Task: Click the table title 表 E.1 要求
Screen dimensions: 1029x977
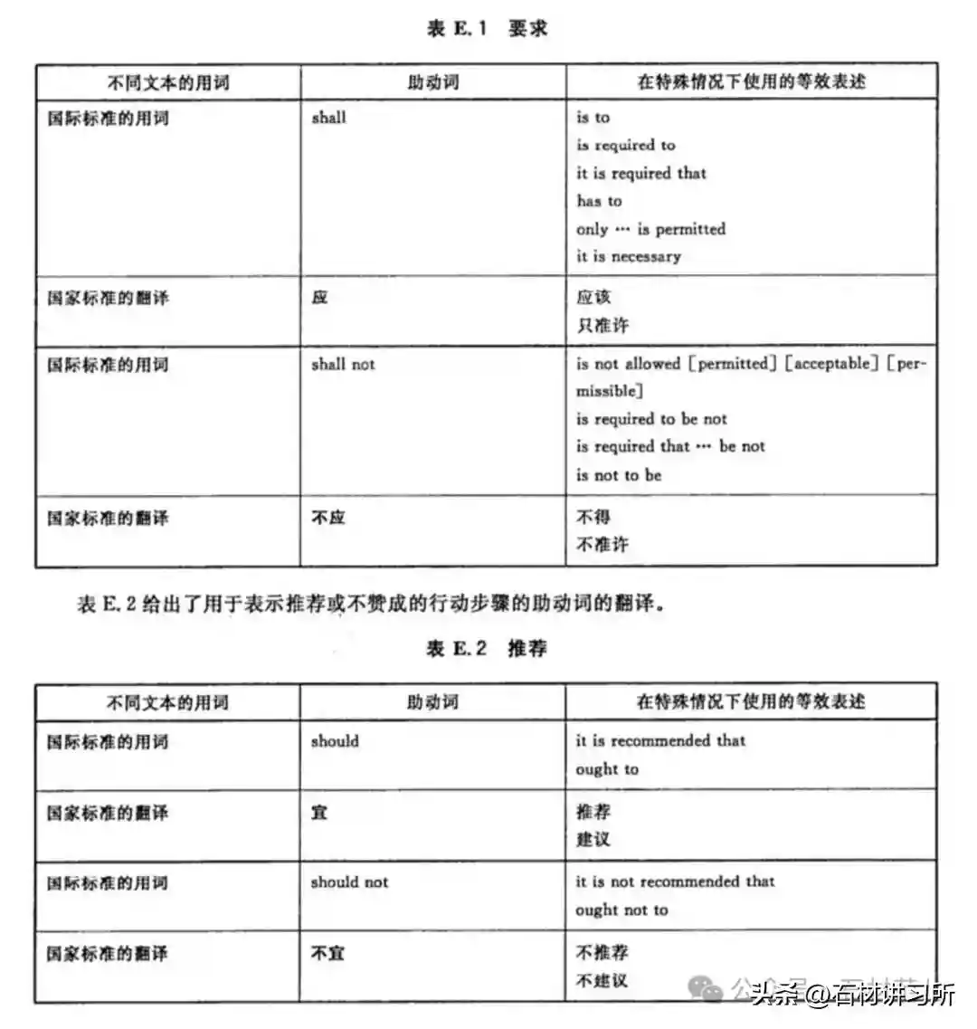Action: pos(487,28)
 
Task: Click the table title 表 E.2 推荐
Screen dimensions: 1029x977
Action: pos(487,648)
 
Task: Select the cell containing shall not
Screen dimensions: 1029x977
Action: pos(343,364)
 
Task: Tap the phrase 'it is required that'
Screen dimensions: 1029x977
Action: pos(641,173)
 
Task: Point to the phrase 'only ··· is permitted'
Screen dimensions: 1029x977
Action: pos(650,229)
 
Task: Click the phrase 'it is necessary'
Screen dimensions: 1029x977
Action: pos(629,256)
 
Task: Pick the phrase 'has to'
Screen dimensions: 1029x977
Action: pos(599,201)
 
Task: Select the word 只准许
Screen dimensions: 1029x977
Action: pos(602,324)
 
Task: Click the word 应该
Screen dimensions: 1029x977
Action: pos(593,297)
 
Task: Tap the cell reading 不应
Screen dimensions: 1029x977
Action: pos(327,518)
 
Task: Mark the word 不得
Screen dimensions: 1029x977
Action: pos(593,517)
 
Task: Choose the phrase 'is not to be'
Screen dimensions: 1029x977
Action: pos(619,475)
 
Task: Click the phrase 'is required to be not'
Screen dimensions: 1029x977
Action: pos(651,419)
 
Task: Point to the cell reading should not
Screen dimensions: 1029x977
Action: pos(349,881)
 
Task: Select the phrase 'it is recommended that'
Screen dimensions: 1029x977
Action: pos(660,740)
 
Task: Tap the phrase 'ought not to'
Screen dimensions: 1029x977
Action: pos(621,910)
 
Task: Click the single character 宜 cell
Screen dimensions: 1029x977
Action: pos(319,813)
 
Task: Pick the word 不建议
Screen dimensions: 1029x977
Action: pos(602,980)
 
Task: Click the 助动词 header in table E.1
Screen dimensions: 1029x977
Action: pos(433,82)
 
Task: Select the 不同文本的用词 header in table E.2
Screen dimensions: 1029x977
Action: pos(167,702)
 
